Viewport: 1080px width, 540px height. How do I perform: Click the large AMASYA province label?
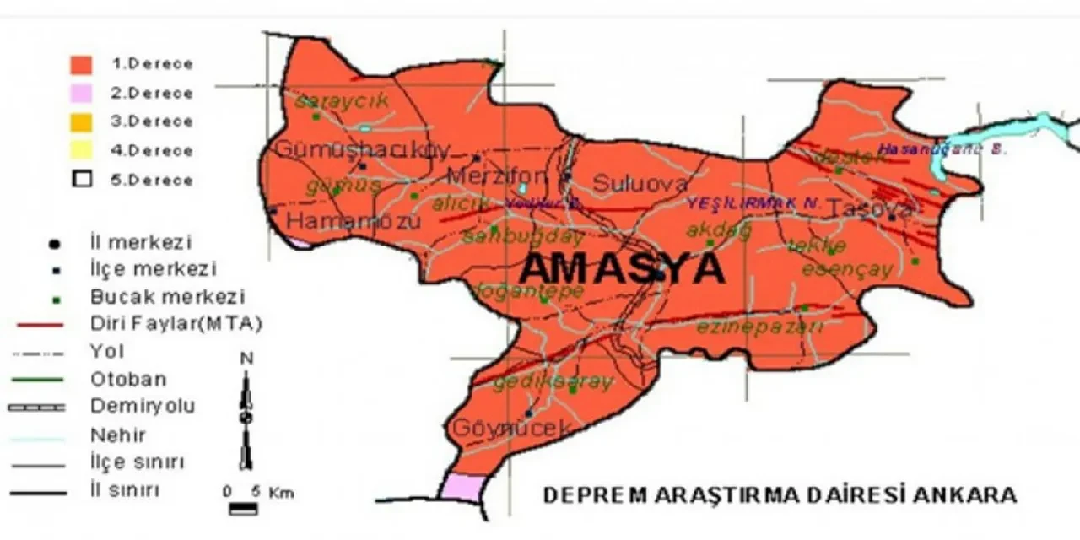click(622, 269)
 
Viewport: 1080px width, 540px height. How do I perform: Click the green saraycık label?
click(342, 100)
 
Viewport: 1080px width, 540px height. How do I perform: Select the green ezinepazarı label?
click(759, 327)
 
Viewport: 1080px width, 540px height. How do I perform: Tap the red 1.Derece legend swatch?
click(81, 64)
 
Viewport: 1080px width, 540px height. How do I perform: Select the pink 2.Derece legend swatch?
click(81, 93)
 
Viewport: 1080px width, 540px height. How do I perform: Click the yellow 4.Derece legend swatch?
click(81, 151)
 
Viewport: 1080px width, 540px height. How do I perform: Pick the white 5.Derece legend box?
click(81, 180)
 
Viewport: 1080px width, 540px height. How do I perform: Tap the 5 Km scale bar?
click(245, 508)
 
